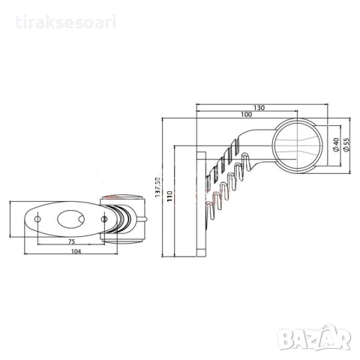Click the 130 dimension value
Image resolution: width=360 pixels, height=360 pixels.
pos(259,108)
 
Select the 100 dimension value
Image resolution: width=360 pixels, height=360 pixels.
pos(247,115)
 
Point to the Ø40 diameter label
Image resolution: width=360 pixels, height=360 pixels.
pos(336,145)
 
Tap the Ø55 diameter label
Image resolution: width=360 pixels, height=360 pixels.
pos(346,145)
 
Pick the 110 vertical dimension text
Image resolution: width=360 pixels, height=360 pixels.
pos(169,196)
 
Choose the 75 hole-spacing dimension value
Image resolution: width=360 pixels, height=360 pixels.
pos(71,241)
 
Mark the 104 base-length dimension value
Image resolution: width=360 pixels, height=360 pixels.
pos(76,251)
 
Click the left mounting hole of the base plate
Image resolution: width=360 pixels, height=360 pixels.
pos(37,219)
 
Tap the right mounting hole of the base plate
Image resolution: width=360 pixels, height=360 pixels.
pos(104,219)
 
